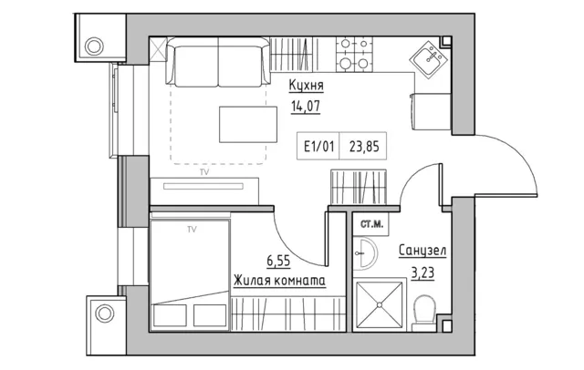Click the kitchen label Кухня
tap(307, 86)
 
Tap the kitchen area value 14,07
tap(306, 107)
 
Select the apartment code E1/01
tap(318, 147)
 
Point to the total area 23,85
tap(364, 147)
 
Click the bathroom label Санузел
tap(422, 251)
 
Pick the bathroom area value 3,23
tap(422, 273)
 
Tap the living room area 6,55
tap(278, 261)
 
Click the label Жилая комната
tap(279, 281)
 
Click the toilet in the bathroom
tap(424, 313)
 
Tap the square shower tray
tap(380, 305)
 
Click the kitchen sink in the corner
tap(429, 59)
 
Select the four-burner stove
tap(354, 55)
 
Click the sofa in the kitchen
tap(218, 62)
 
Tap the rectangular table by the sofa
tap(248, 125)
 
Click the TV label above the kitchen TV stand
tap(204, 172)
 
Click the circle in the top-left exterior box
tap(94, 46)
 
